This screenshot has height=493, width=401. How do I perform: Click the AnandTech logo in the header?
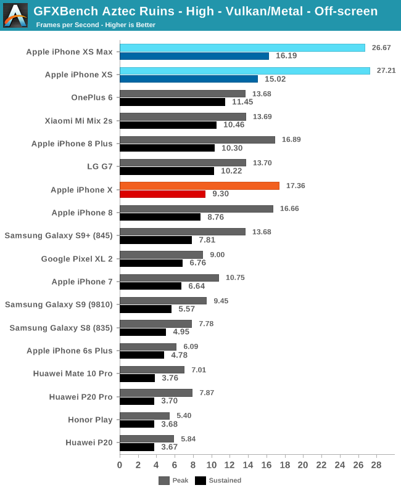click(15, 15)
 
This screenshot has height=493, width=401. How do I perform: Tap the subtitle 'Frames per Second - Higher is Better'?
click(96, 25)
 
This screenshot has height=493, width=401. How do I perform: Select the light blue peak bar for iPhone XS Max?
click(242, 47)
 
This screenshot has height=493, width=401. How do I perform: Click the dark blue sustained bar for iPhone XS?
click(189, 79)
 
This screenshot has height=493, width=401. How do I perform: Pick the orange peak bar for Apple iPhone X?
click(199, 185)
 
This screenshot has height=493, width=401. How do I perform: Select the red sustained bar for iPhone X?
click(162, 194)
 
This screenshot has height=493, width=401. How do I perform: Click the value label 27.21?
click(387, 71)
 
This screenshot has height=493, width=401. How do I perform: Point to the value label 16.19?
click(287, 56)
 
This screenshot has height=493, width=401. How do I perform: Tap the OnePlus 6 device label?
click(92, 97)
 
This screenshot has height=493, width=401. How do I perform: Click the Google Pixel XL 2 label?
click(77, 259)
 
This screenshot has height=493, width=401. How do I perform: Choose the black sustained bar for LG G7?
click(167, 171)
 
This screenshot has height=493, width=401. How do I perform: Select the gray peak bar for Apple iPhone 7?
click(169, 278)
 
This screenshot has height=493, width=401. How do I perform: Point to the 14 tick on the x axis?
click(249, 464)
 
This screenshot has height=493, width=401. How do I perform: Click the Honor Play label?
click(90, 420)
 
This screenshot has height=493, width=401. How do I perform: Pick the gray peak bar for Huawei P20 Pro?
click(156, 393)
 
